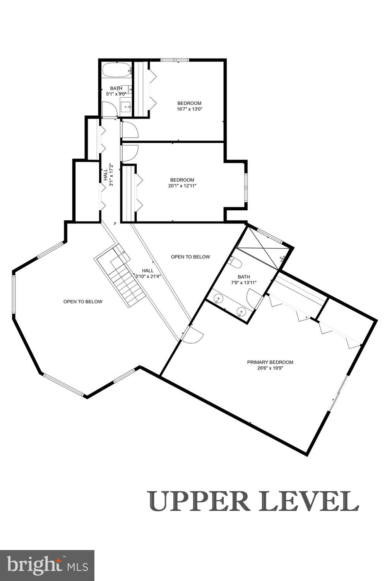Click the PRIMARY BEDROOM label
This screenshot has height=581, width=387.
coord(270,362)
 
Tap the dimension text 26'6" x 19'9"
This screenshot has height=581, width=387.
coord(270,368)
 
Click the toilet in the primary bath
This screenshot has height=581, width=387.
coord(236,263)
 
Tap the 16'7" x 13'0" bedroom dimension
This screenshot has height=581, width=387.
coord(189,109)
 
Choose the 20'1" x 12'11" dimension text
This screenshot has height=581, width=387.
coord(182,186)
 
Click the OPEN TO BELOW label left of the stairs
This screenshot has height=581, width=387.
coord(83,301)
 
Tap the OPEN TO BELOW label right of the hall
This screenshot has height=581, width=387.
coord(190,257)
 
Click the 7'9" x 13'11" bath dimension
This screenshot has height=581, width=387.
coord(244,283)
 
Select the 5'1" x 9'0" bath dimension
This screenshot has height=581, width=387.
coord(116,94)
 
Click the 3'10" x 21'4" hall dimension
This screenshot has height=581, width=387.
coord(147,276)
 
